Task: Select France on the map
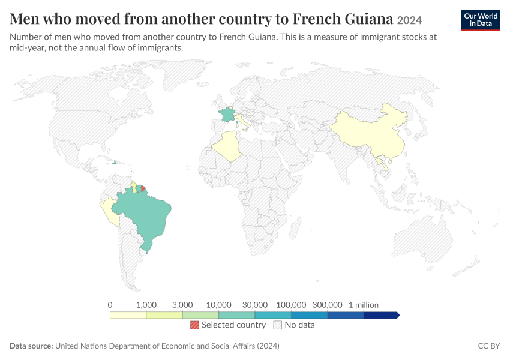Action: (227, 115)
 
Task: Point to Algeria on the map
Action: (227, 146)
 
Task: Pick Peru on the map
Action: (110, 211)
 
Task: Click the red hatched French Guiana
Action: (143, 188)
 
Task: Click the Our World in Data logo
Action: (481, 20)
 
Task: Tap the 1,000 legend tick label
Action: (146, 305)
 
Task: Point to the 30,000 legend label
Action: (254, 305)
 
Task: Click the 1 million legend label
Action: (364, 305)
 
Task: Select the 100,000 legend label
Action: (291, 305)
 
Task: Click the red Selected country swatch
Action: (194, 325)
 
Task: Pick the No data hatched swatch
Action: (278, 325)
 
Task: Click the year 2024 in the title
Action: (409, 20)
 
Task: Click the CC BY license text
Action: (489, 346)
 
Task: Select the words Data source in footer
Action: (31, 346)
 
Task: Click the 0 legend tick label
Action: (110, 305)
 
